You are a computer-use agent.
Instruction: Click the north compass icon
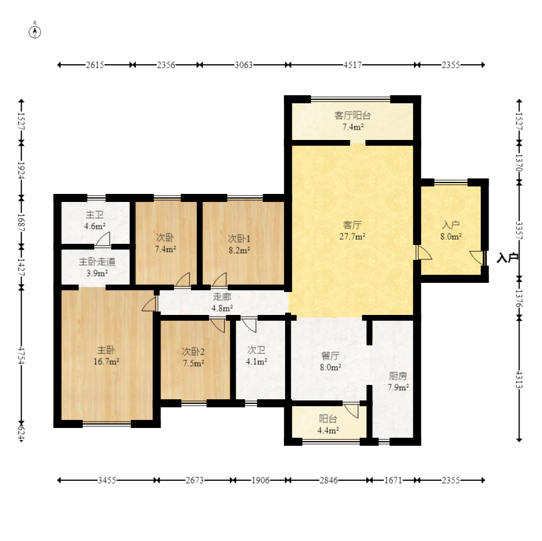34,32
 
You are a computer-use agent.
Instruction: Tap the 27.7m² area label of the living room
352,237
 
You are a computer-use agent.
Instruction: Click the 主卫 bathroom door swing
103,239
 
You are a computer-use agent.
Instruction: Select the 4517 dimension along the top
352,65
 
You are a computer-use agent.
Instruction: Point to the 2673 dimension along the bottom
194,480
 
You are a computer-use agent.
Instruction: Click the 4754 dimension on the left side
21,356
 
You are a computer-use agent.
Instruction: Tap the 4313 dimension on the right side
519,379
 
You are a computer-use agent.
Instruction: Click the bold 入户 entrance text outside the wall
508,258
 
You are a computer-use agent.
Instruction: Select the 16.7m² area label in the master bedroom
107,362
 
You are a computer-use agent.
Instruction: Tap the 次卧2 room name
193,352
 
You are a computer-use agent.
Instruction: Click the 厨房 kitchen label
398,376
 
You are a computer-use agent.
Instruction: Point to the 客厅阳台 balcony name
353,115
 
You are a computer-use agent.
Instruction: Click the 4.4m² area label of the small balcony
328,431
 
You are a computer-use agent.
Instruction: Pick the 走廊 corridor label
222,297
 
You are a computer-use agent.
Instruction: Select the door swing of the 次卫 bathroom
249,325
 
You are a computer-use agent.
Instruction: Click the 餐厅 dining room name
330,356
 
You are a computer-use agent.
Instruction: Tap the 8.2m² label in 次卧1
239,250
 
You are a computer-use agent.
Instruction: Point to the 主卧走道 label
97,262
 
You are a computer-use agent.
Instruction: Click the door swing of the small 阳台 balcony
351,410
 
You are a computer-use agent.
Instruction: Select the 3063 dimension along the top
244,65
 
